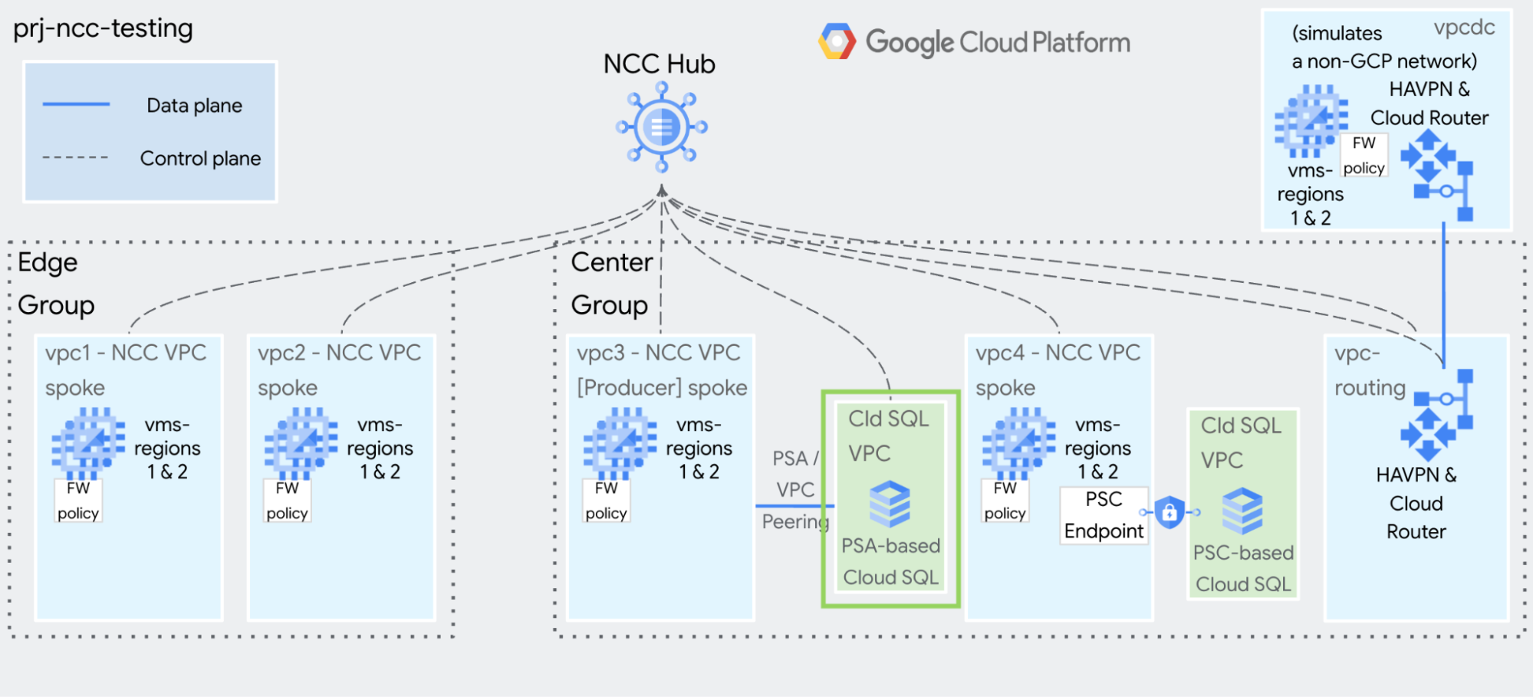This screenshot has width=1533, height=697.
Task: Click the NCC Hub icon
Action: point(661,127)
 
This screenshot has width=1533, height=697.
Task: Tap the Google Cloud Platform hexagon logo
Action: point(837,41)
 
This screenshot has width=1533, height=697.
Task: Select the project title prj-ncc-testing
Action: point(103,28)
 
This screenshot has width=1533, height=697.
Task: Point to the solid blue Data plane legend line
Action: point(76,104)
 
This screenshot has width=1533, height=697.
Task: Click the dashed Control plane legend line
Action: point(75,158)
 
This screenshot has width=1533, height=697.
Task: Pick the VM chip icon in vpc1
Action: point(88,443)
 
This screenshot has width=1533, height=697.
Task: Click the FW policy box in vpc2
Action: point(288,501)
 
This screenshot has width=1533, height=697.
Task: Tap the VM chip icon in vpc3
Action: point(620,443)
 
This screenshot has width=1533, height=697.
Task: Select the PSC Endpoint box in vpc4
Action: point(1104,515)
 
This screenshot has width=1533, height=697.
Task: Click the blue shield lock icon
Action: point(1169,512)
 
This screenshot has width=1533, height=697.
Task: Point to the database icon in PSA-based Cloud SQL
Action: point(890,504)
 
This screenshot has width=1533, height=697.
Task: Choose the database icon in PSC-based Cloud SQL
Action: point(1242,511)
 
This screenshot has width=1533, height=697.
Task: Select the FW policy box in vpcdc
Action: point(1364,156)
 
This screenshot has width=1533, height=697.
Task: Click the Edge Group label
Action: point(55,284)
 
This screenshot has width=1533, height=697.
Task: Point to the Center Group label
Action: point(610,284)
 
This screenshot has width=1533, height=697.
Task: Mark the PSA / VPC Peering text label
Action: point(794,489)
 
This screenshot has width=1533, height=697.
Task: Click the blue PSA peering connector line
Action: point(794,506)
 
